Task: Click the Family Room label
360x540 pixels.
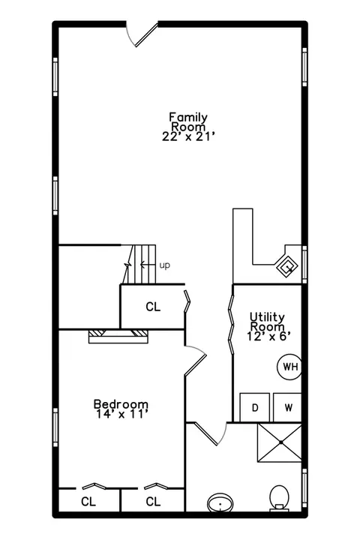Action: [x=189, y=122]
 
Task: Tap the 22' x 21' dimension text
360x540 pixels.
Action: [x=189, y=136]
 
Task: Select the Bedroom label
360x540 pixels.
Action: [x=121, y=404]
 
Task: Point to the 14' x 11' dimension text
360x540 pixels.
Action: [x=122, y=414]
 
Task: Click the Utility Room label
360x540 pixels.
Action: [x=267, y=321]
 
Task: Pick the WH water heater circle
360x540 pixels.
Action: [x=289, y=367]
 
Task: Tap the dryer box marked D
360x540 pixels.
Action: [x=254, y=408]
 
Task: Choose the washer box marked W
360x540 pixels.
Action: [x=288, y=408]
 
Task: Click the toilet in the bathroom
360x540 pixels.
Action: [x=279, y=498]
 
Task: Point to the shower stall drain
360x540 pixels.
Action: [x=280, y=442]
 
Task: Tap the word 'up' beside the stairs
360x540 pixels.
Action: [x=165, y=265]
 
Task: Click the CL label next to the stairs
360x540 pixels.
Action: [x=153, y=307]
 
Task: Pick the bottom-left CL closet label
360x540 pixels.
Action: [x=88, y=502]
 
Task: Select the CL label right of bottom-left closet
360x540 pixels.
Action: [x=153, y=502]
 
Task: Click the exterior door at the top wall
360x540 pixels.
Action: [x=142, y=34]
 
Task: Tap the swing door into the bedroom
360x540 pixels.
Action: [x=195, y=360]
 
